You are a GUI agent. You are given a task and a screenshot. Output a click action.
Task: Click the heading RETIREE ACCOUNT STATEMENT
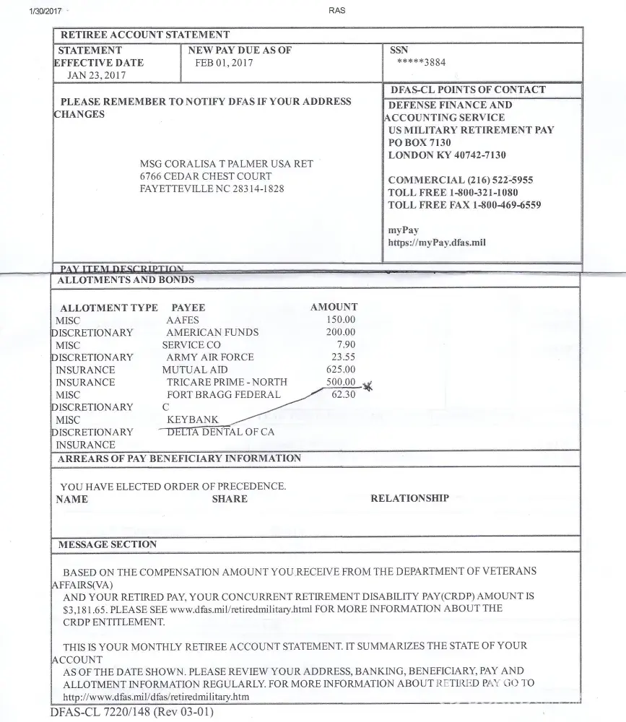(x=144, y=35)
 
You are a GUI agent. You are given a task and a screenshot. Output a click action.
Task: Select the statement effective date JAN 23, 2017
(x=96, y=74)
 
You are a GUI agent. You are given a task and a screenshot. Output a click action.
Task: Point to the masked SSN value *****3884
(x=421, y=62)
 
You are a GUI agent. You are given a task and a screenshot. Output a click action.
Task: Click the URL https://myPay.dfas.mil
(x=437, y=243)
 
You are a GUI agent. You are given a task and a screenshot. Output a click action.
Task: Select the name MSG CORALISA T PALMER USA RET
(x=226, y=164)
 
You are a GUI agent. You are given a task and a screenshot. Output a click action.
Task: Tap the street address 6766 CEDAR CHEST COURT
(x=206, y=176)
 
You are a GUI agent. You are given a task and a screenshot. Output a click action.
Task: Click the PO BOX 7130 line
(x=419, y=142)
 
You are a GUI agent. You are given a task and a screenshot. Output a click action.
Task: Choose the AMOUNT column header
(x=334, y=307)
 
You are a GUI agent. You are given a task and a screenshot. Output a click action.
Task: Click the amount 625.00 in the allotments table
(x=341, y=370)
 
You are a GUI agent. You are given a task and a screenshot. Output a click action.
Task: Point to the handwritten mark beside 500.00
(x=368, y=386)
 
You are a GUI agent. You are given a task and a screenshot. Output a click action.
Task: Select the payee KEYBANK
(x=193, y=419)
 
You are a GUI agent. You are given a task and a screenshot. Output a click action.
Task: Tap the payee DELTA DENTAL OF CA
(x=221, y=432)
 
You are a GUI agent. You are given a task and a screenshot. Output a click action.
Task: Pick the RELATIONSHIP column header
(x=409, y=498)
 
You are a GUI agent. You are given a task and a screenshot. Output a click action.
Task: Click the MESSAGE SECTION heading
(x=107, y=544)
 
